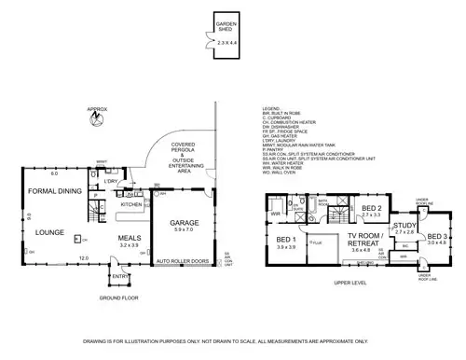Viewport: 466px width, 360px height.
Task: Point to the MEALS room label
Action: pyautogui.click(x=130, y=239)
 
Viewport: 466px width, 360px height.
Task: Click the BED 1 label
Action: pyautogui.click(x=287, y=240)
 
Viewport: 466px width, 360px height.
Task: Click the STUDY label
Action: pyautogui.click(x=404, y=225)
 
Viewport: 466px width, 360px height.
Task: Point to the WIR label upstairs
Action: pyautogui.click(x=276, y=214)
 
